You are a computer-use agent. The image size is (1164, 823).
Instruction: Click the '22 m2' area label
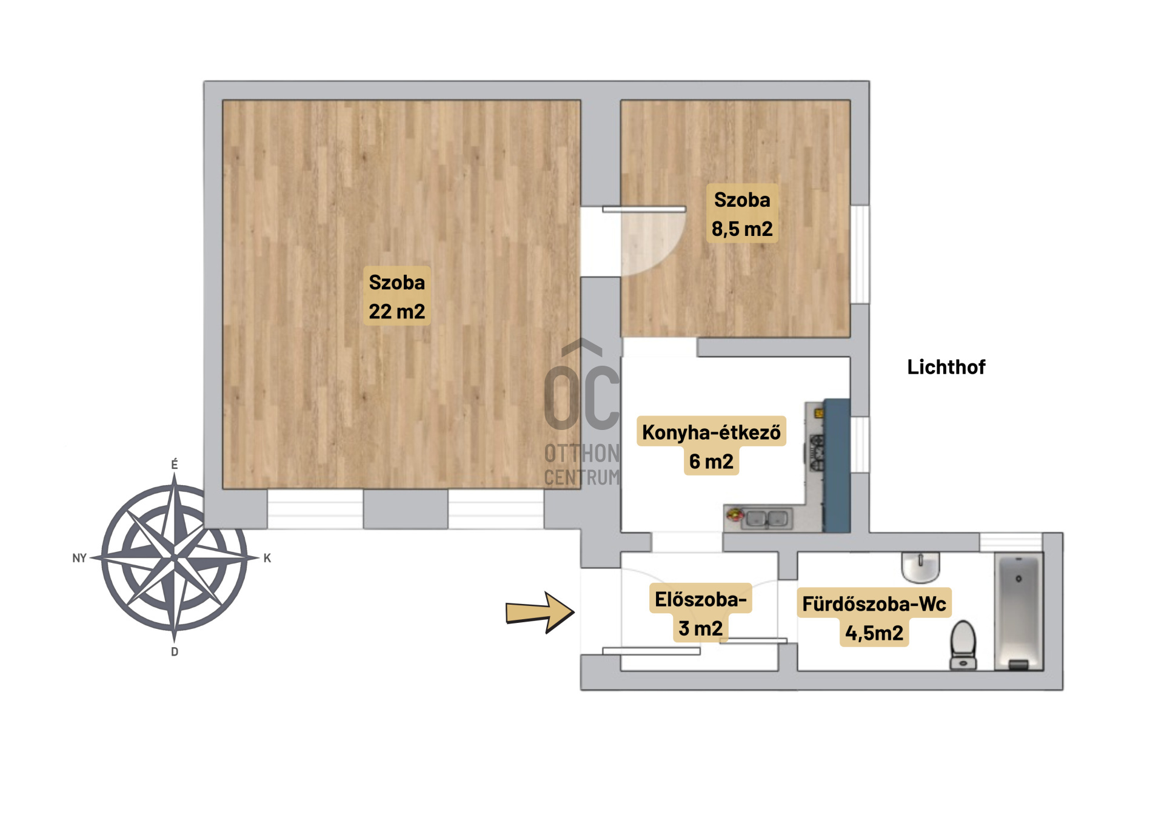click(397, 312)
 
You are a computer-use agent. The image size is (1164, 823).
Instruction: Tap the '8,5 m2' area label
click(742, 229)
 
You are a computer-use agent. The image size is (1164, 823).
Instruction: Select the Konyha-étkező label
click(711, 432)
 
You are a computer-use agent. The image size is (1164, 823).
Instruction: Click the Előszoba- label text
click(701, 599)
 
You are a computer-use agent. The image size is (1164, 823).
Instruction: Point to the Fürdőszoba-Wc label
click(874, 604)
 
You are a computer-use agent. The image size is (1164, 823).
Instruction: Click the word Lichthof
click(946, 367)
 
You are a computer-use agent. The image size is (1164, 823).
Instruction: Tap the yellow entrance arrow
click(540, 613)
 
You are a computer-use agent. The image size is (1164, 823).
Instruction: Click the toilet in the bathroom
click(963, 645)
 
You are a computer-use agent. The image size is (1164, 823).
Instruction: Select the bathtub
click(1018, 613)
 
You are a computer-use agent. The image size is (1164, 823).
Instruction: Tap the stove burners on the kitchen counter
click(817, 452)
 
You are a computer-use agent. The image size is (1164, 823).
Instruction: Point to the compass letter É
click(175, 465)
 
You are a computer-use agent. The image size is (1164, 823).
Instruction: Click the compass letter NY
click(79, 558)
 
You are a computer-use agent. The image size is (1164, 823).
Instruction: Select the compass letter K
click(267, 558)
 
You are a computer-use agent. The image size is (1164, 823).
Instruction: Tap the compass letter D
click(175, 652)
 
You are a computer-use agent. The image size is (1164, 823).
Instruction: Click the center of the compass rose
click(175, 557)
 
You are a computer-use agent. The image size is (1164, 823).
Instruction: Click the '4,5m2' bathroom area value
click(874, 633)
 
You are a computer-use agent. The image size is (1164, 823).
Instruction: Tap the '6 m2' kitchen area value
click(711, 462)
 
